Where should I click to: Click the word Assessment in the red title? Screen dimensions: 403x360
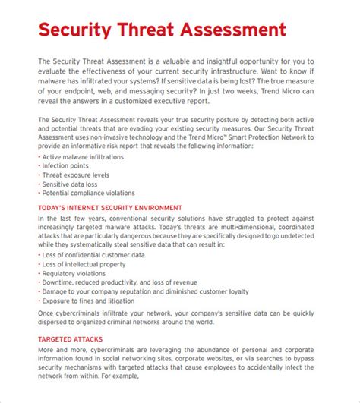[231, 30]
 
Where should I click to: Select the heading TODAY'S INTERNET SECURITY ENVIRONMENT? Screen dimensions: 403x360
[110, 207]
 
